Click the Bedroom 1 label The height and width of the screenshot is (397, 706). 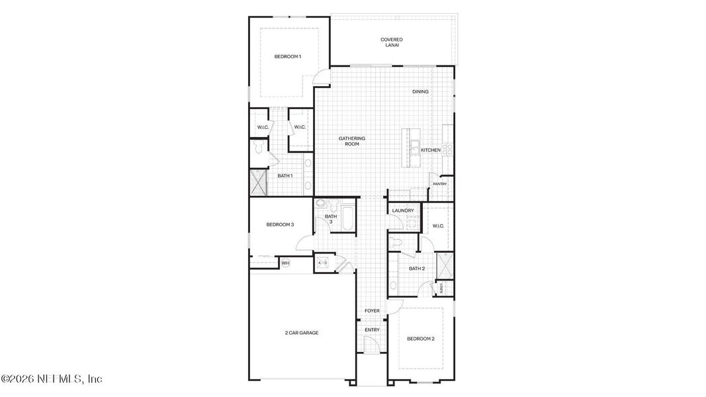pyautogui.click(x=288, y=56)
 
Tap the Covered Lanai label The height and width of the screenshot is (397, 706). pyautogui.click(x=392, y=42)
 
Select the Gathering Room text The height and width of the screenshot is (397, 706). pyautogui.click(x=352, y=141)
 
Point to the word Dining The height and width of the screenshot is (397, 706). pyautogui.click(x=420, y=91)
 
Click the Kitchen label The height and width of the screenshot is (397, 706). pyautogui.click(x=431, y=150)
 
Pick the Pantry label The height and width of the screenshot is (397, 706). pyautogui.click(x=439, y=184)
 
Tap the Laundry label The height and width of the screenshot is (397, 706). pyautogui.click(x=403, y=210)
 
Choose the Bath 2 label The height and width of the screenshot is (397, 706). pyautogui.click(x=417, y=269)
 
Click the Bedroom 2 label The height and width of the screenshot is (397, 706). pyautogui.click(x=421, y=339)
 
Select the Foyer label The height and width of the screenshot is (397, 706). pyautogui.click(x=372, y=310)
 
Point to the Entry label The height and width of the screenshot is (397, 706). pyautogui.click(x=372, y=330)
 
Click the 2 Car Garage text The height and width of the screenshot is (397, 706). pyautogui.click(x=302, y=333)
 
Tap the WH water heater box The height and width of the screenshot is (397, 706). pyautogui.click(x=286, y=263)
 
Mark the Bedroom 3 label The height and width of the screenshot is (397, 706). pyautogui.click(x=280, y=224)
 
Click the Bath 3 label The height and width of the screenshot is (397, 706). pyautogui.click(x=331, y=219)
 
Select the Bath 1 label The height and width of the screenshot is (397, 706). pyautogui.click(x=285, y=175)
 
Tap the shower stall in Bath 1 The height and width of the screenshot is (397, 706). pyautogui.click(x=257, y=182)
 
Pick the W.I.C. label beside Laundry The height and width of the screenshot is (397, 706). pyautogui.click(x=438, y=226)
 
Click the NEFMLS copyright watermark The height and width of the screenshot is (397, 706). pyautogui.click(x=52, y=379)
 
